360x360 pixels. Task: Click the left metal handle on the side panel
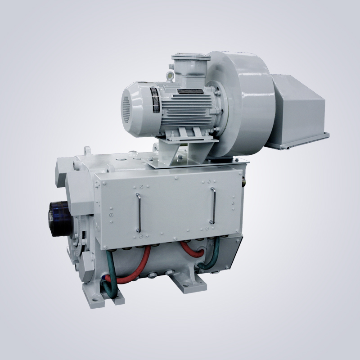tap(138, 211)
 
